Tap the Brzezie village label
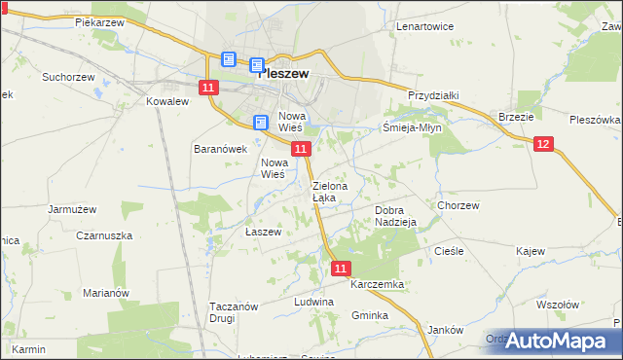[516, 116]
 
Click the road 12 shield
[543, 144]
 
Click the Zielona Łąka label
[326, 191]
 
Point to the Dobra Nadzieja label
[396, 215]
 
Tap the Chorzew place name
[458, 205]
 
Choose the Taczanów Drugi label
[234, 311]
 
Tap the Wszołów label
[557, 304]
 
